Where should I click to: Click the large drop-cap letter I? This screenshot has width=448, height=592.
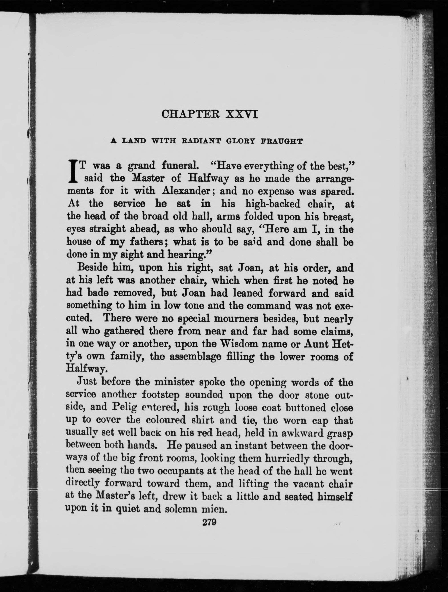pos(71,171)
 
